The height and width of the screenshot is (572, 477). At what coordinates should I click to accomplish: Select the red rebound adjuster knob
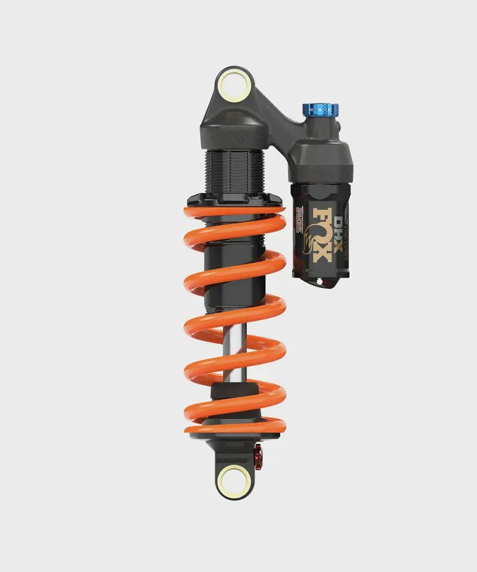coord(259,455)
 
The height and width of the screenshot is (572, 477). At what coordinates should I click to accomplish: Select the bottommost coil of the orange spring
coord(236,424)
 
